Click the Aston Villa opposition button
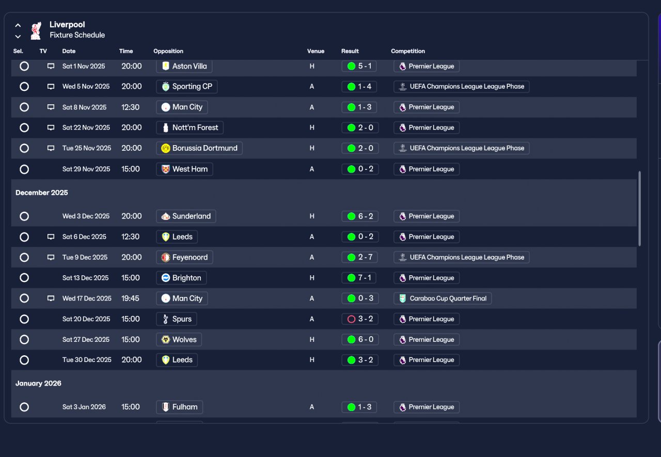[184, 66]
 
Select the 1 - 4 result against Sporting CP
[359, 87]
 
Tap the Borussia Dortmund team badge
[166, 148]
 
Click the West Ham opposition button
[184, 169]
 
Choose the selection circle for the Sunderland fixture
[24, 216]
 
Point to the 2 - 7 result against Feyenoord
[359, 257]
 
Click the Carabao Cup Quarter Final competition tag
[443, 298]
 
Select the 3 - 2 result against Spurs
[359, 319]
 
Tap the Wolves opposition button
[179, 340]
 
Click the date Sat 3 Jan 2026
[84, 407]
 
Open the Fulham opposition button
[179, 407]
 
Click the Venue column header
[316, 51]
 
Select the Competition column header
[408, 51]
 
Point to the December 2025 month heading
[42, 193]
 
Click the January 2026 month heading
[38, 383]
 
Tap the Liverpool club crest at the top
[36, 30]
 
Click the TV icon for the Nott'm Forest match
[51, 128]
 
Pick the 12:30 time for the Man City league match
[130, 107]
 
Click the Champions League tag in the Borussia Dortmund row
[461, 148]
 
